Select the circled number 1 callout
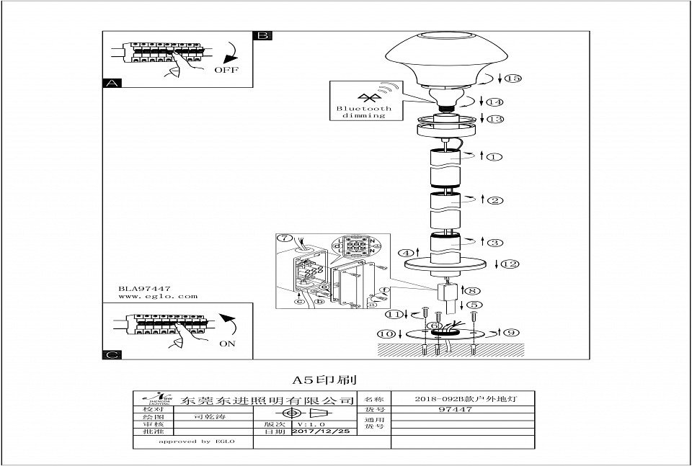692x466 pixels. [493, 156]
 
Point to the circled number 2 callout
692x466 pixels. [494, 200]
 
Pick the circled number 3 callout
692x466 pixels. [494, 242]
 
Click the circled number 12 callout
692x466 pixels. [510, 264]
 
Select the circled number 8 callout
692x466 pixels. [474, 291]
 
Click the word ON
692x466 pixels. [227, 344]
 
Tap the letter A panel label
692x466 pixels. [110, 84]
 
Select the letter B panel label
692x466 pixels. [262, 36]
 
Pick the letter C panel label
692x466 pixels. [110, 354]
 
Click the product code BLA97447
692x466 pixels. [144, 287]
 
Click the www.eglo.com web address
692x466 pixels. [157, 296]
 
